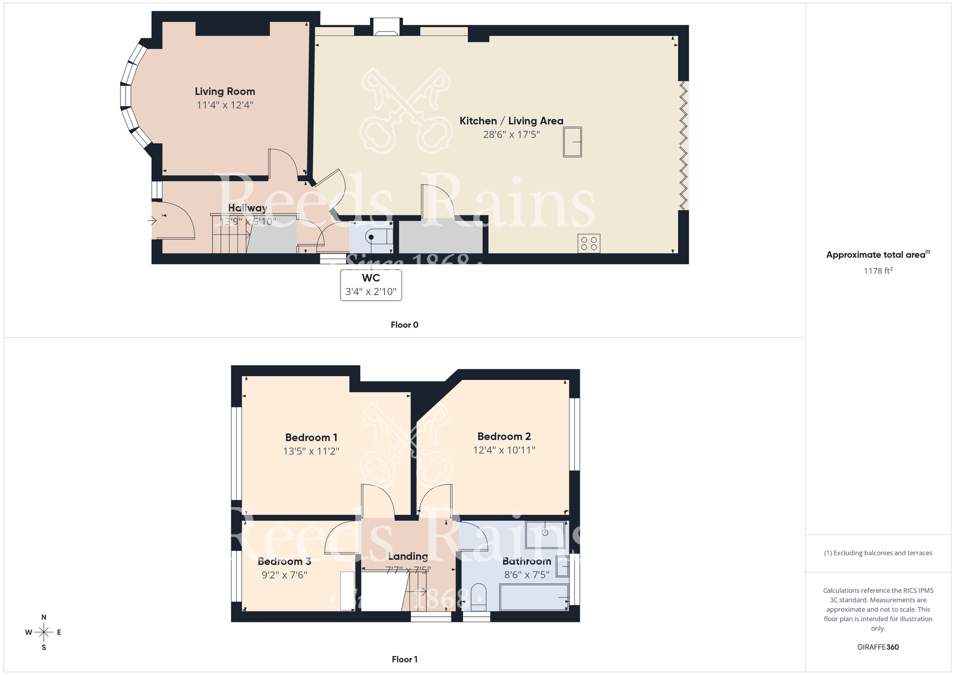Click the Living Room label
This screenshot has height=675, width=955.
tap(224, 91)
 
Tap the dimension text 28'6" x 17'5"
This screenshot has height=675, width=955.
tap(511, 135)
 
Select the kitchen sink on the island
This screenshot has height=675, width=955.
tap(572, 142)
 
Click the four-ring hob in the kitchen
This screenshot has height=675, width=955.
tap(588, 243)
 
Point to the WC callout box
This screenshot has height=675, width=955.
tap(371, 285)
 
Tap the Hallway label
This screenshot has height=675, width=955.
tap(247, 208)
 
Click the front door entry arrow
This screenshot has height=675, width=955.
tap(152, 221)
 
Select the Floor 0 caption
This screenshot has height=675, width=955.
tap(404, 325)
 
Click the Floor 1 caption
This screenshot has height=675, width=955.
tap(404, 659)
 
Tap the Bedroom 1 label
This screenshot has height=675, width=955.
tap(311, 437)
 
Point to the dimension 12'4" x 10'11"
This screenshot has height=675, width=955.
tap(504, 450)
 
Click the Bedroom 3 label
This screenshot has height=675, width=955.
tap(284, 561)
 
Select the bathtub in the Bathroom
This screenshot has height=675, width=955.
tap(533, 597)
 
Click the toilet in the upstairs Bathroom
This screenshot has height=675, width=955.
tap(477, 597)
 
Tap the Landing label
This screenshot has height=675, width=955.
tap(407, 556)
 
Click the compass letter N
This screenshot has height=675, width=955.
tap(44, 617)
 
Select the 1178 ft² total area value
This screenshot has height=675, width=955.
tap(878, 271)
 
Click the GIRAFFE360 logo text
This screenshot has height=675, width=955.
tap(878, 647)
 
